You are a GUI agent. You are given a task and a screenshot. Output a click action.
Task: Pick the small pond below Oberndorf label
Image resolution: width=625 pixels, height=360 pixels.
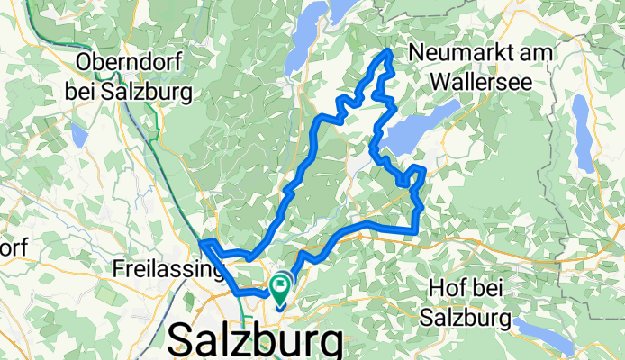coord(79,135)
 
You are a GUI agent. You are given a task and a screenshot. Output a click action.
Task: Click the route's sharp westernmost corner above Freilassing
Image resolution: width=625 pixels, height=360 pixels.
coord(200,241)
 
